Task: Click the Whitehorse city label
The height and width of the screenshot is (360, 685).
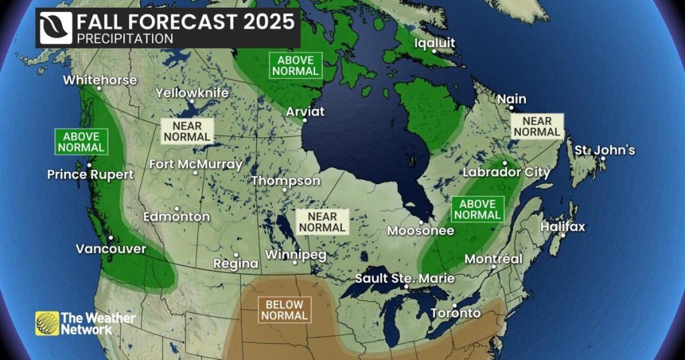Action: click(x=100, y=80)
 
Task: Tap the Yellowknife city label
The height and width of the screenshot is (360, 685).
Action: click(x=192, y=93)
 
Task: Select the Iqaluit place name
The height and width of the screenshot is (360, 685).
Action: click(x=435, y=43)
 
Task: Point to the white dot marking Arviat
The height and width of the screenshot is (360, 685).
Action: click(x=304, y=120)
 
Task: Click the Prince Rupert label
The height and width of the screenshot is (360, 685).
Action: click(x=90, y=175)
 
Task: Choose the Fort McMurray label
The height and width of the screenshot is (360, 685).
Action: click(x=195, y=164)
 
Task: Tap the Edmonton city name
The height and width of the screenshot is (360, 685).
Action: click(x=177, y=217)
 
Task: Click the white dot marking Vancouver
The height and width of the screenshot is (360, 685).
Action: click(x=110, y=238)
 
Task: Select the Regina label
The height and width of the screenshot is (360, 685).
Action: click(x=235, y=264)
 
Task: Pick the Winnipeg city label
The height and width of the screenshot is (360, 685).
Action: click(x=296, y=255)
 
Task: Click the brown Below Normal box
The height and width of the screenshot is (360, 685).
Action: click(x=284, y=310)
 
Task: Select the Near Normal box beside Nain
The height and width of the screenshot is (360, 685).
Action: click(x=537, y=126)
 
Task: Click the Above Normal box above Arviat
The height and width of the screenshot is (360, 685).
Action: click(x=294, y=66)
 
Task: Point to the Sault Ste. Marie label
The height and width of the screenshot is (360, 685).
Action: click(x=405, y=278)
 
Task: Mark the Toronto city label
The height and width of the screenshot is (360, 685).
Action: click(x=456, y=313)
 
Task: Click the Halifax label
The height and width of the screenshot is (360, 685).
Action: click(x=563, y=227)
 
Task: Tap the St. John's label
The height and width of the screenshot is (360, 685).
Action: click(x=605, y=150)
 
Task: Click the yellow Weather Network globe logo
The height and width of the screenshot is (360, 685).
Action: click(x=46, y=323)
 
